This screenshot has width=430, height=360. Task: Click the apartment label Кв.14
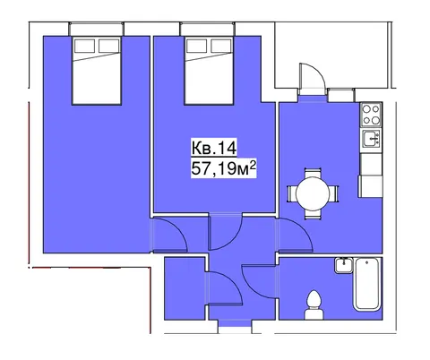pyautogui.click(x=214, y=148)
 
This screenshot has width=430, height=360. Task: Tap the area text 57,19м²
pyautogui.click(x=224, y=168)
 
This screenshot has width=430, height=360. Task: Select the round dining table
pyautogui.click(x=313, y=193)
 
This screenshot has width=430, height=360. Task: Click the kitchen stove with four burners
pyautogui.click(x=371, y=114)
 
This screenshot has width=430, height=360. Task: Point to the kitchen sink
pyautogui.click(x=372, y=139)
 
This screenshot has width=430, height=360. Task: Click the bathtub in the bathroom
pyautogui.click(x=367, y=284)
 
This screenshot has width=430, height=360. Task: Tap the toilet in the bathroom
pyautogui.click(x=314, y=304)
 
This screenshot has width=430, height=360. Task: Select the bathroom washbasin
pyautogui.click(x=344, y=265)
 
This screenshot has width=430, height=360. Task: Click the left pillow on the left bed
pyautogui.click(x=84, y=46)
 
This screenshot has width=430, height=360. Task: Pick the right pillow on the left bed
pyautogui.click(x=109, y=46)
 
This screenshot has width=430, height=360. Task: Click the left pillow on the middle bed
pyautogui.click(x=196, y=46)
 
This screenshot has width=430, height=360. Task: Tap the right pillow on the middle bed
pyautogui.click(x=221, y=46)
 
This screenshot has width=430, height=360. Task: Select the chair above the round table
pyautogui.click(x=313, y=173)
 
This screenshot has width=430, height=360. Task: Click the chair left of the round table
pyautogui.click(x=291, y=193)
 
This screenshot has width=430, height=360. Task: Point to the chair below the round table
pyautogui.click(x=313, y=215)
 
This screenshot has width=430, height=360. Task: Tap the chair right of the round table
pyautogui.click(x=334, y=193)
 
